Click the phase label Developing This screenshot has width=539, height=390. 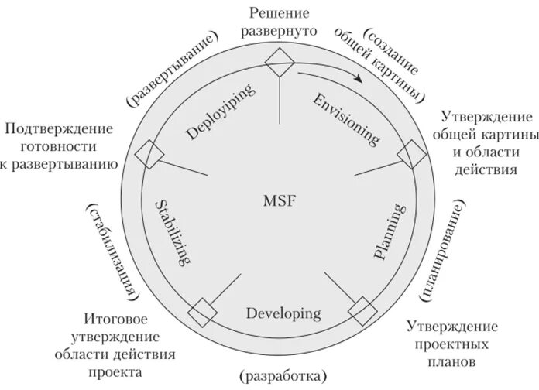click(x=283, y=313)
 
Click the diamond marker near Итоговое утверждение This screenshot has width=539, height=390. click(x=201, y=311)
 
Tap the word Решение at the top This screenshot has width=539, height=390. click(x=279, y=13)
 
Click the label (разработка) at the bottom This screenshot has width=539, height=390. click(x=283, y=376)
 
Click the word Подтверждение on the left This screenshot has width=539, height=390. click(x=59, y=128)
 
